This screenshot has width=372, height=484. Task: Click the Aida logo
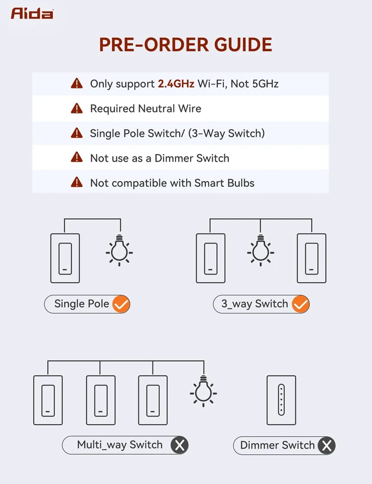pos(32,13)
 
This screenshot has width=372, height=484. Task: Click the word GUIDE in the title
pos(243,45)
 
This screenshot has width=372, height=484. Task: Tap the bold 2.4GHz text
pos(176,84)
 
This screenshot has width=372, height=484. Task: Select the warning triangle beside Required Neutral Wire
pos(77,108)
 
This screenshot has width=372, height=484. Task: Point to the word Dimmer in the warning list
pos(174,158)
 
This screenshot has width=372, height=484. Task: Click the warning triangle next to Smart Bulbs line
pos(77,183)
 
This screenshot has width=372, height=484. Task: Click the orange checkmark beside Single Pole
pos(121,304)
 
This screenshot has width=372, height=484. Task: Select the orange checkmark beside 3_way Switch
pos(301,304)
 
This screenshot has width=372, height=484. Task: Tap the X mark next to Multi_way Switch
pos(180,445)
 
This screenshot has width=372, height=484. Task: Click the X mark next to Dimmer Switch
pos(327,446)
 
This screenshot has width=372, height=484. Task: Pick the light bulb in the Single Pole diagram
pos(119,250)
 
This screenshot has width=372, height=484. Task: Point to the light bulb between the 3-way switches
pos(260,250)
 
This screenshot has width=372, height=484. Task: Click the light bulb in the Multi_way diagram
pos(203,391)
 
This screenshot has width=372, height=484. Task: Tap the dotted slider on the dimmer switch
pos(281,400)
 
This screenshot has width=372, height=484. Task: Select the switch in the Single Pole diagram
pos(65,258)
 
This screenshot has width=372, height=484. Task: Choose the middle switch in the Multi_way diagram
pos(101,400)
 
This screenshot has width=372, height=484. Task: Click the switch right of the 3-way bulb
pos(312,258)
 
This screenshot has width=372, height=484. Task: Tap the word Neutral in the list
pos(156,109)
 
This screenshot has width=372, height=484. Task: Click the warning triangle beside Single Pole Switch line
pos(77,133)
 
